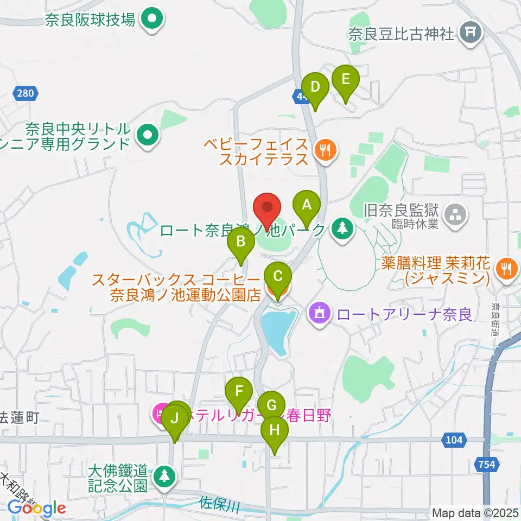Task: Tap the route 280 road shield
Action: tap(25, 93)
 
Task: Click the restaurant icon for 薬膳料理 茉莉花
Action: tap(506, 267)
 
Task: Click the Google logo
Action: tap(37, 508)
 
